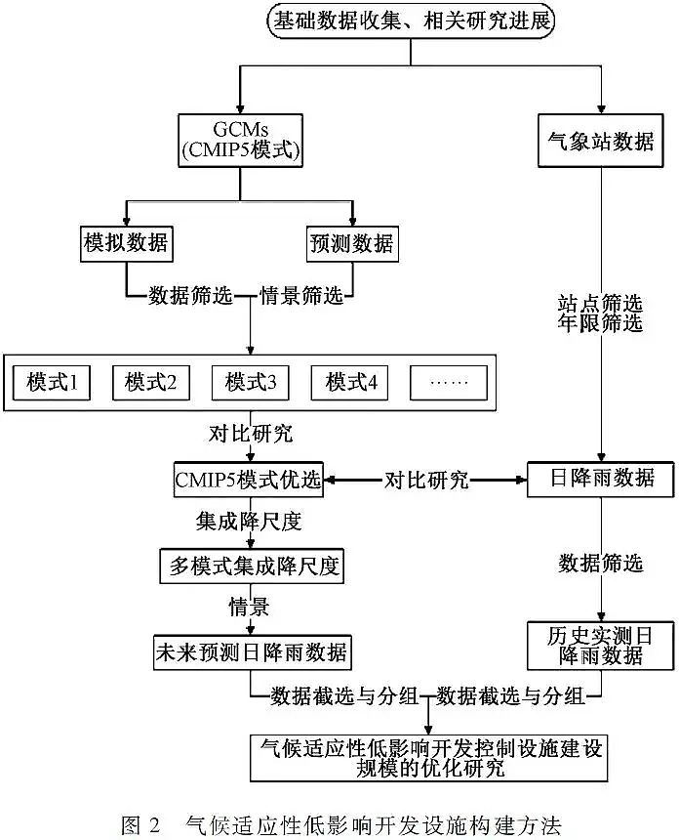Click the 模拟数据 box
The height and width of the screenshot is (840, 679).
coord(124,244)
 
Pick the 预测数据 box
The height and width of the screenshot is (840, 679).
coord(351,244)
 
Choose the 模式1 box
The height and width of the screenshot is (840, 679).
coord(52,383)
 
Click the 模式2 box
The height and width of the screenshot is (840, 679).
coord(150,383)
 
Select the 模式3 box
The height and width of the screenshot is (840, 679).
coord(251,383)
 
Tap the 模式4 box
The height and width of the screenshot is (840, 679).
coord(351,383)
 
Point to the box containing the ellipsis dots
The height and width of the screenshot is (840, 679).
coord(449,383)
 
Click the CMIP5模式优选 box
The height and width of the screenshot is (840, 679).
coord(251,480)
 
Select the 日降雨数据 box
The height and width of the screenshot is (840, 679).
coord(600,480)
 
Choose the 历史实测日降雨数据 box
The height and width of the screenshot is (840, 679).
coord(601,645)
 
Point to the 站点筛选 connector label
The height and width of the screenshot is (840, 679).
coord(600,304)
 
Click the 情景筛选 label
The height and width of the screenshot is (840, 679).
coord(301,295)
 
